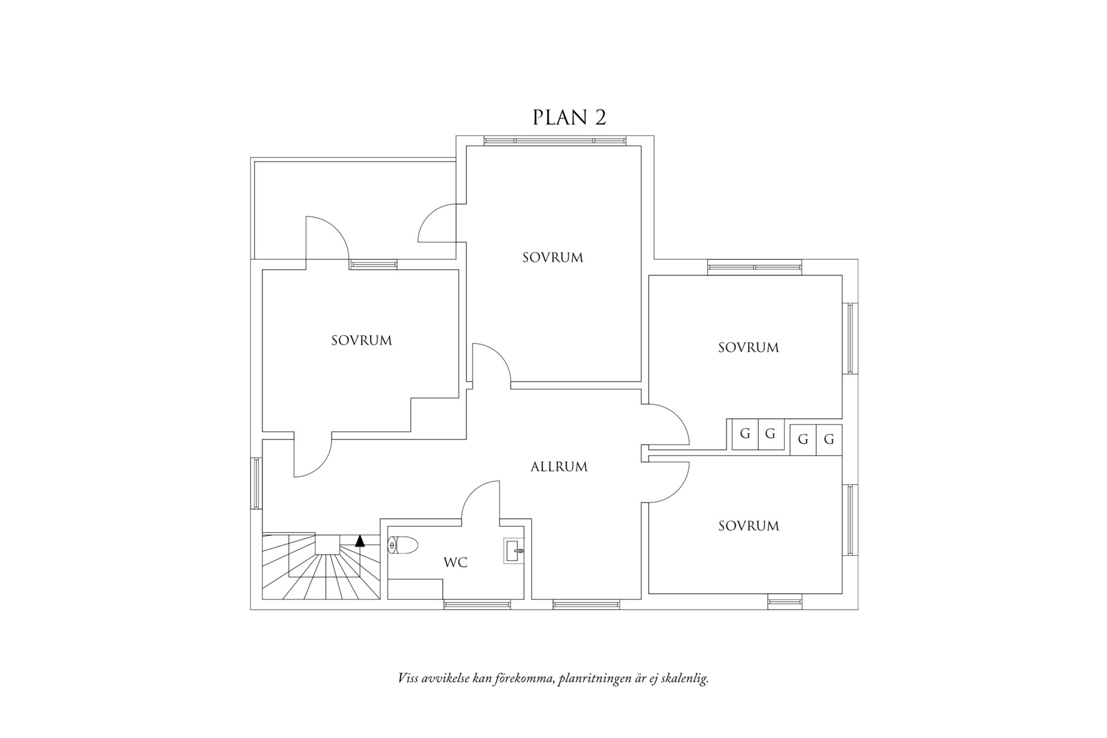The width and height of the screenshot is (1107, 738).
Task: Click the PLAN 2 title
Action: (x=568, y=118)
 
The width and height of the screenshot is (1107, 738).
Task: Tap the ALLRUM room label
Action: (x=558, y=467)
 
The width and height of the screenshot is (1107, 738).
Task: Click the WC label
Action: (x=455, y=563)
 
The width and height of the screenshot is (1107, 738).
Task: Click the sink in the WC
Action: (x=514, y=550)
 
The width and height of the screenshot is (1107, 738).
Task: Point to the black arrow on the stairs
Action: (x=359, y=540)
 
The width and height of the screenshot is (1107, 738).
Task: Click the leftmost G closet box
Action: (x=744, y=434)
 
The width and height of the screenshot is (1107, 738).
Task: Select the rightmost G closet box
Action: (x=828, y=440)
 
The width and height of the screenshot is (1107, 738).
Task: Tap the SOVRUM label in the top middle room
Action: (x=552, y=257)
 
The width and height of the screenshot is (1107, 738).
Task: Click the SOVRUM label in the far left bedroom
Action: (x=361, y=341)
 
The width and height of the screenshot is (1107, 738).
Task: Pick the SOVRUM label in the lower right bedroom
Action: (x=748, y=526)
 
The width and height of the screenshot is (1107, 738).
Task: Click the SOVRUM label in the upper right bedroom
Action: (x=748, y=348)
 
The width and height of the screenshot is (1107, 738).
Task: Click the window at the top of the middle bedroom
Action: (x=554, y=141)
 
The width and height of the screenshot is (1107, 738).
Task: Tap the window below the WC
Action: (x=477, y=604)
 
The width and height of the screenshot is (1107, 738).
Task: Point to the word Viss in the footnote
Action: (x=407, y=678)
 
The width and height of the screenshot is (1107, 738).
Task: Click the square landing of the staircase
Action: (x=327, y=544)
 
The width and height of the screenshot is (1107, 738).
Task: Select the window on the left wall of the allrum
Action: (x=256, y=483)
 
